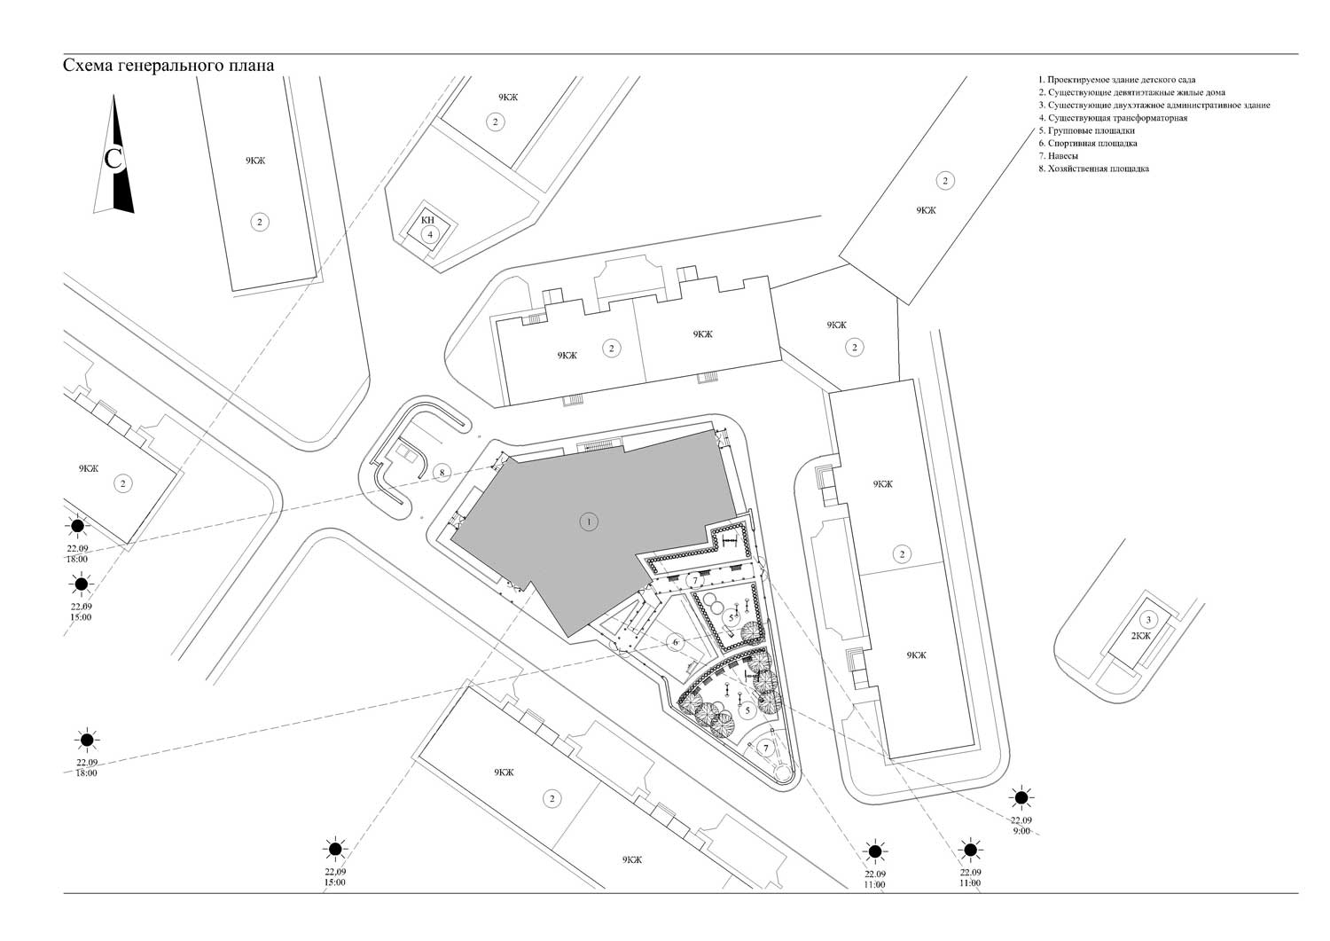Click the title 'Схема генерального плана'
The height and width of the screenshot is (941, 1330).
pyautogui.click(x=168, y=66)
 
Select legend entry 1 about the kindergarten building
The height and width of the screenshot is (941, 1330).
pyautogui.click(x=1117, y=80)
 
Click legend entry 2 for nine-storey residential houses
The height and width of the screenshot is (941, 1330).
pyautogui.click(x=1131, y=92)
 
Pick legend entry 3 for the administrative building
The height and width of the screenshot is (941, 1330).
pyautogui.click(x=1154, y=106)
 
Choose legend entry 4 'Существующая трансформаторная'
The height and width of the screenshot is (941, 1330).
pyautogui.click(x=1113, y=118)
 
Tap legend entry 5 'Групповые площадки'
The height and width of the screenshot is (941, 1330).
pyautogui.click(x=1086, y=130)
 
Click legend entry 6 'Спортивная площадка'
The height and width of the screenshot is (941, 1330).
pyautogui.click(x=1088, y=143)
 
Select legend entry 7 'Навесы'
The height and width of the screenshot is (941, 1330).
pyautogui.click(x=1058, y=155)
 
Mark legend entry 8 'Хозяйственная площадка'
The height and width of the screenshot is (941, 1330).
pyautogui.click(x=1093, y=169)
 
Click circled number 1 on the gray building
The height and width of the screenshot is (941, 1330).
pyautogui.click(x=589, y=522)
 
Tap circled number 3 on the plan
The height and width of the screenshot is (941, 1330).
pyautogui.click(x=1147, y=620)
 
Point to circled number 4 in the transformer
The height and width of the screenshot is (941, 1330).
pyautogui.click(x=430, y=234)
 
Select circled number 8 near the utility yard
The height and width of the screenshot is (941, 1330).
pyautogui.click(x=442, y=473)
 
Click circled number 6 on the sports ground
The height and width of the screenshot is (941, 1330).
pyautogui.click(x=675, y=642)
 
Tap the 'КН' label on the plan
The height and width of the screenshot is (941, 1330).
pyautogui.click(x=427, y=220)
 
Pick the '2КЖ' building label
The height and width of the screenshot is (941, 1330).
pyautogui.click(x=1140, y=636)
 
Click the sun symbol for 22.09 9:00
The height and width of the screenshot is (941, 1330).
pyautogui.click(x=1021, y=797)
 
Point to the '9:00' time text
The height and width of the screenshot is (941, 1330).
pyautogui.click(x=1021, y=831)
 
